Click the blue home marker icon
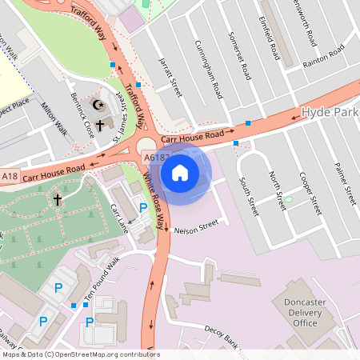[180, 171]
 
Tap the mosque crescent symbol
[99, 105]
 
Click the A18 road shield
[10, 176]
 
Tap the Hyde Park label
[330, 113]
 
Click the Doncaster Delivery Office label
[294, 312]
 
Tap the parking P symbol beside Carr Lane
[143, 207]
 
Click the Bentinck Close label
[82, 120]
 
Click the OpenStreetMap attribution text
[81, 354]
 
